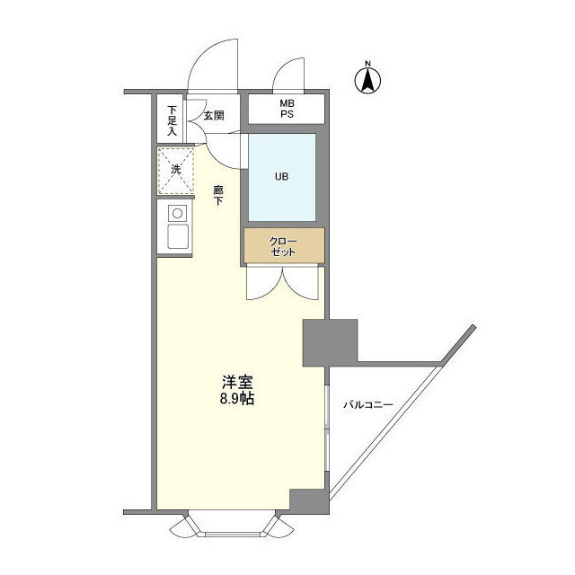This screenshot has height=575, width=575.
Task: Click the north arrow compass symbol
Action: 368,80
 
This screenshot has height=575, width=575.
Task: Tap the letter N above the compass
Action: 368,63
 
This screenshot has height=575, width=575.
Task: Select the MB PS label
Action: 286,110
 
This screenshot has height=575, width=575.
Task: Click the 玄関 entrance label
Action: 213,115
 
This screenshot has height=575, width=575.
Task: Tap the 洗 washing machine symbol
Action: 176,170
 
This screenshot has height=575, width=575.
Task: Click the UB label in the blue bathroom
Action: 281,176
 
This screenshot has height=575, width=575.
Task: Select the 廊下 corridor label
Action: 218,195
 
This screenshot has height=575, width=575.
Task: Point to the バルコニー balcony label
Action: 368,405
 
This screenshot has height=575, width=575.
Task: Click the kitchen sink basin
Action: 177,239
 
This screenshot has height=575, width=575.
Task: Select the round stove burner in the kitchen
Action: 177,214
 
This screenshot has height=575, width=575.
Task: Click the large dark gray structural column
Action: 330,341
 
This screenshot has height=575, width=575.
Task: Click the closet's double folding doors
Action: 282,284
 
